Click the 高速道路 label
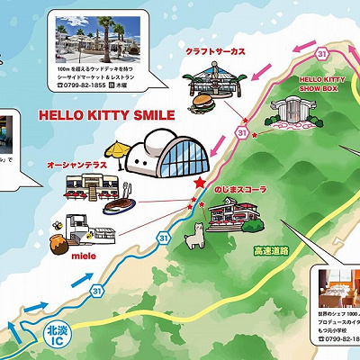click(271, 250)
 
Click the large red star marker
click(199, 182)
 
